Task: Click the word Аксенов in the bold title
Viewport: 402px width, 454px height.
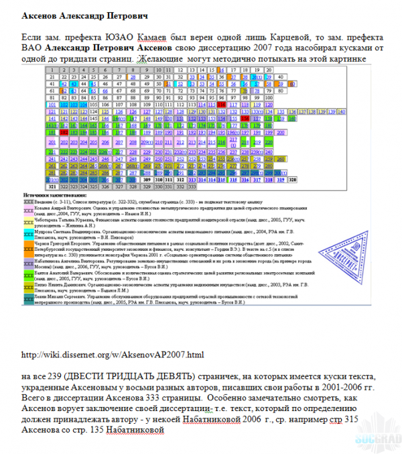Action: pos(43,14)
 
